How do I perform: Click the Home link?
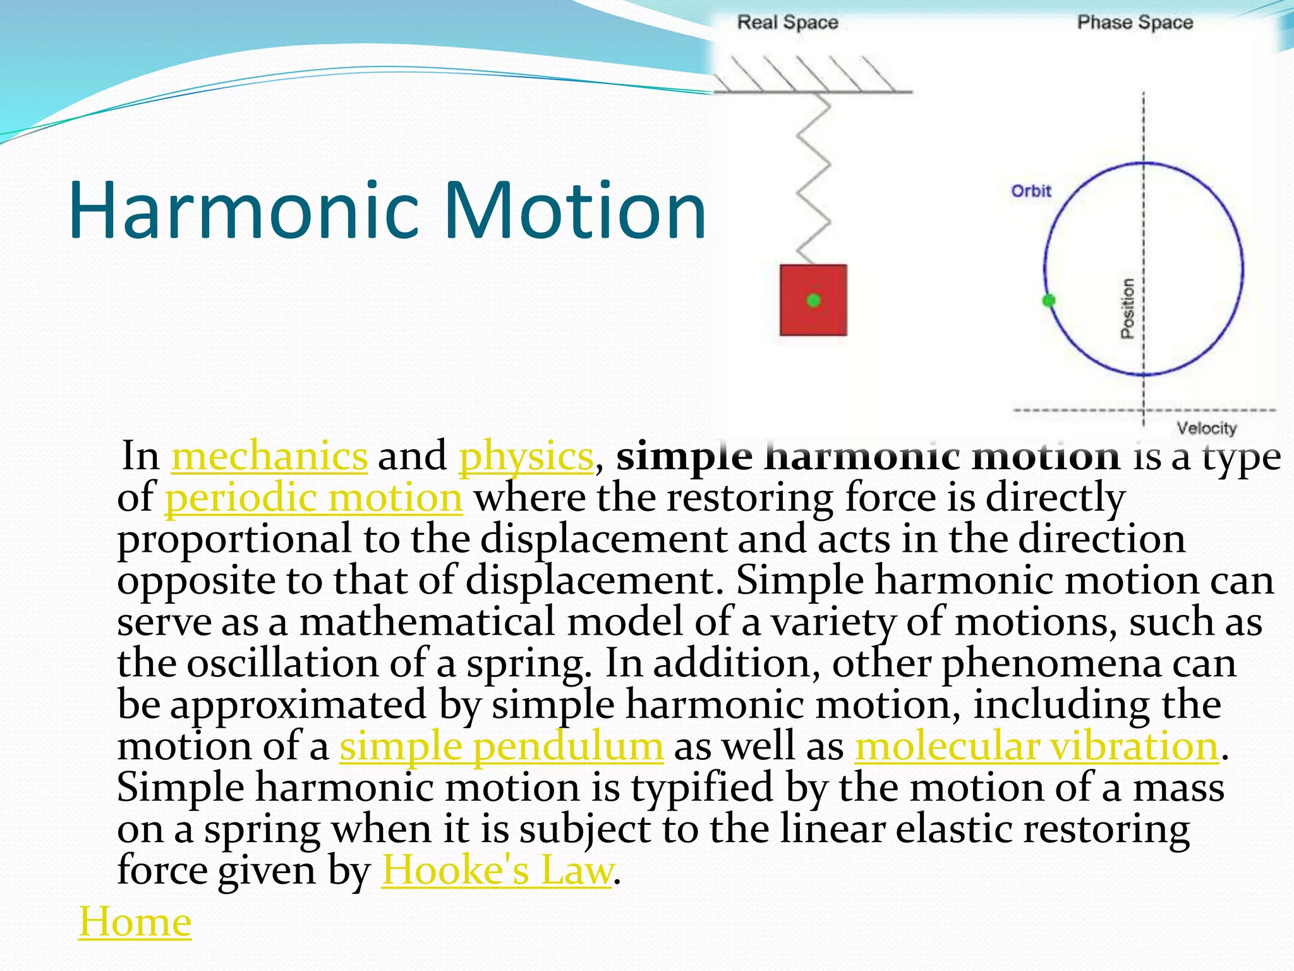tap(135, 922)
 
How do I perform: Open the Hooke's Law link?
tap(497, 870)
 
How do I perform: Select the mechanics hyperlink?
tap(269, 456)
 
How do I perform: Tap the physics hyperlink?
tap(526, 456)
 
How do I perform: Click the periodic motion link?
tap(314, 498)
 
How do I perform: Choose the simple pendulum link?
tap(501, 747)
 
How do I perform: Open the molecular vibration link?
tap(1036, 747)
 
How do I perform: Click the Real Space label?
tap(787, 23)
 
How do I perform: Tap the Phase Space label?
tap(1135, 23)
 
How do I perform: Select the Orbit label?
tap(1031, 191)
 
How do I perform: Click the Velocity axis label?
tap(1206, 429)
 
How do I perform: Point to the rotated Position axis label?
tap(1127, 308)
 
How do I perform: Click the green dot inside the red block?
tap(813, 300)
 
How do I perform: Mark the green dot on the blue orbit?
tap(1048, 300)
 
